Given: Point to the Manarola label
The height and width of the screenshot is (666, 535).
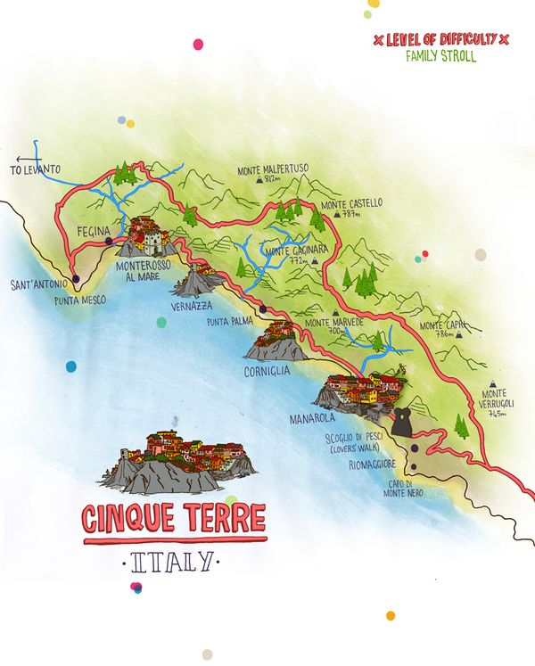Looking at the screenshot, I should [310, 417].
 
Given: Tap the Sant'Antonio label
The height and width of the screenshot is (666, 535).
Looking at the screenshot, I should [37, 286].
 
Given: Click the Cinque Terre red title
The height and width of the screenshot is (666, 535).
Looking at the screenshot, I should [173, 518].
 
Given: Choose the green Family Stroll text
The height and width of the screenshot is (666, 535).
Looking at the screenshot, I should [440, 56].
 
